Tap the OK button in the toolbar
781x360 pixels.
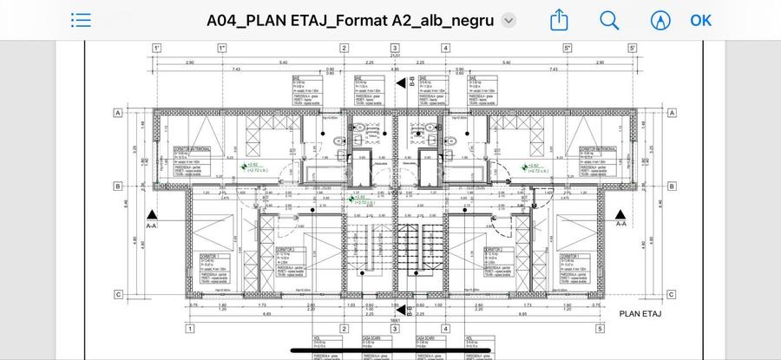(x=700, y=20)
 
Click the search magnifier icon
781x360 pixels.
(x=610, y=20)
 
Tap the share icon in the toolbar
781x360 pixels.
(x=561, y=19)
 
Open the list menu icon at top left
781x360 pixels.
(x=81, y=20)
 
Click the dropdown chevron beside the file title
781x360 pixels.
(x=509, y=21)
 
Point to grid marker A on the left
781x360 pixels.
(x=118, y=113)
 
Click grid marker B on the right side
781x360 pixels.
(x=671, y=186)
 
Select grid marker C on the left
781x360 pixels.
(x=118, y=295)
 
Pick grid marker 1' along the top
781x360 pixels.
(x=157, y=49)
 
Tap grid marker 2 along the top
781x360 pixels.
(x=344, y=49)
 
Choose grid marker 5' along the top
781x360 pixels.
(x=633, y=49)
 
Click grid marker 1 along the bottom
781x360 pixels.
(x=189, y=329)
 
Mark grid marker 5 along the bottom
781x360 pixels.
(x=600, y=329)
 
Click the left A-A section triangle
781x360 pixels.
(x=152, y=214)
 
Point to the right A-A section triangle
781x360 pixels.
(x=620, y=214)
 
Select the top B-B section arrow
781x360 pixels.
(x=400, y=82)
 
